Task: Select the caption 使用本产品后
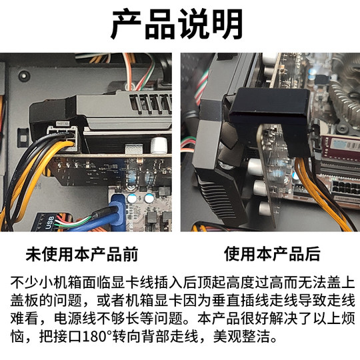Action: click(271, 254)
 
